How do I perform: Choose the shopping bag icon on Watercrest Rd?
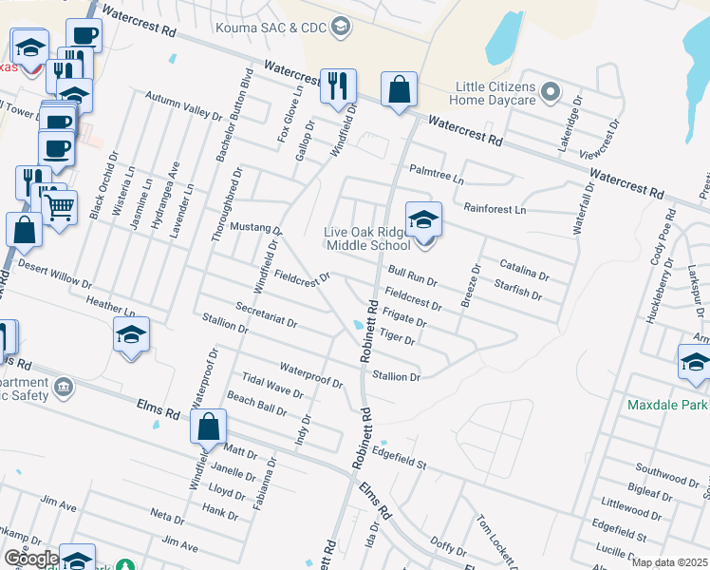[x=400, y=90]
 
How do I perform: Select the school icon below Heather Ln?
[x=131, y=334]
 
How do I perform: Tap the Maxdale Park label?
[x=667, y=405]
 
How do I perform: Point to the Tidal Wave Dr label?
[x=272, y=386]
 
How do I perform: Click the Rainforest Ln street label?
[x=495, y=208]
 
